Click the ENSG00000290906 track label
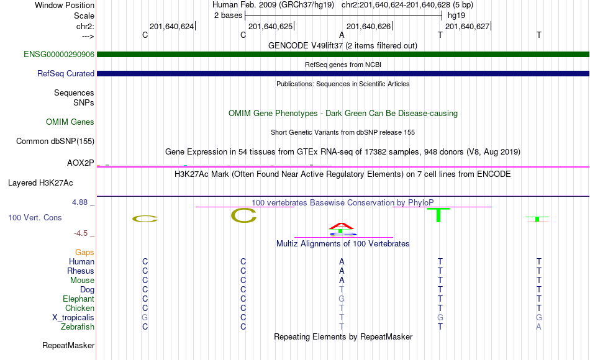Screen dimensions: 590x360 pyautogui.click(x=59, y=54)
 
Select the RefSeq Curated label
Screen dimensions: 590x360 pyautogui.click(x=65, y=73)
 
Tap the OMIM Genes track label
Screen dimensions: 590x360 pyautogui.click(x=70, y=122)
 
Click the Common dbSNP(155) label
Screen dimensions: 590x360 pyautogui.click(x=55, y=141)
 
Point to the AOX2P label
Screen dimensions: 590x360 pyautogui.click(x=80, y=163)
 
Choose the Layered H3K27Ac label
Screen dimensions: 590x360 pyautogui.click(x=40, y=183)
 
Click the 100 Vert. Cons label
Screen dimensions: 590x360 pyautogui.click(x=35, y=217)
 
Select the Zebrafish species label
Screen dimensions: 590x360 pyautogui.click(x=78, y=326)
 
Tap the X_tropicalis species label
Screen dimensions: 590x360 pyautogui.click(x=73, y=318)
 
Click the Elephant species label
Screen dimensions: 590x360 pyautogui.click(x=78, y=299)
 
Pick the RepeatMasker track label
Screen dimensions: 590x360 pyautogui.click(x=68, y=345)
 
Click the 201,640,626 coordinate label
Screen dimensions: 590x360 pyautogui.click(x=368, y=26)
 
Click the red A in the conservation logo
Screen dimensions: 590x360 pyautogui.click(x=342, y=226)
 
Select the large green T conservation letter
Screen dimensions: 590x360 pyautogui.click(x=438, y=215)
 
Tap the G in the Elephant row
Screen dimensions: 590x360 pyautogui.click(x=342, y=299)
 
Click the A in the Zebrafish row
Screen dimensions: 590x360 pyautogui.click(x=539, y=326)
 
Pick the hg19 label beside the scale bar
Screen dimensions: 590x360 pyautogui.click(x=456, y=16)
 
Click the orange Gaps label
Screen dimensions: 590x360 pyautogui.click(x=84, y=253)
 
